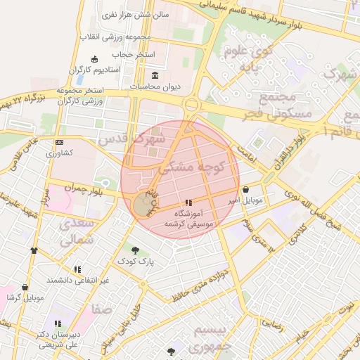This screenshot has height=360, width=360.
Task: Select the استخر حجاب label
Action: click(x=133, y=54)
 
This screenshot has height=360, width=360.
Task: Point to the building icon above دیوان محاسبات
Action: click(x=155, y=76)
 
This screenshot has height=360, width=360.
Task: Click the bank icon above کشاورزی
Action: click(x=58, y=142)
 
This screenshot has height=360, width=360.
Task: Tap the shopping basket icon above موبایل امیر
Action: click(x=245, y=190)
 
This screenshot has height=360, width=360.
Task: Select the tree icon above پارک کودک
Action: click(x=135, y=250)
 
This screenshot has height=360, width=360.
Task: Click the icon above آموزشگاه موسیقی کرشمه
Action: click(x=188, y=202)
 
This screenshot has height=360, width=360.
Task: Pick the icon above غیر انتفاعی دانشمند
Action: click(x=77, y=269)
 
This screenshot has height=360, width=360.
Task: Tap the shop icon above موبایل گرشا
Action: click(x=25, y=288)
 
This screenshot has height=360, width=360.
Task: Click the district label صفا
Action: click(x=101, y=308)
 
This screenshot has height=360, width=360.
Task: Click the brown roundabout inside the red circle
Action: click(x=143, y=206)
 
